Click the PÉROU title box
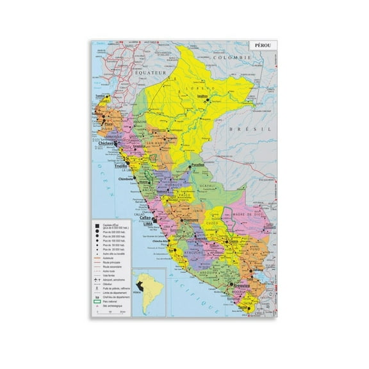pos(261,47)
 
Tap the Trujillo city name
pos(122,165)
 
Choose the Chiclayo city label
pos(106,143)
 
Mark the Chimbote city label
pos(125,180)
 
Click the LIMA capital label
pos(148,224)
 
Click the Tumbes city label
pos(100,96)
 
